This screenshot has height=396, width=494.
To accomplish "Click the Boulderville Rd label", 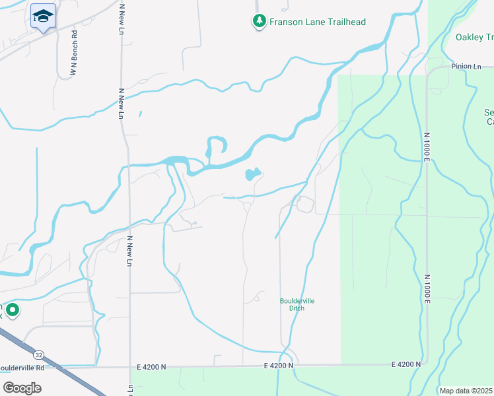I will click(x=21, y=368).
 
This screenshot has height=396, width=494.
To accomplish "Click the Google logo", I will click(x=22, y=387).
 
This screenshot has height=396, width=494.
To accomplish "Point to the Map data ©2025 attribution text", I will click(x=466, y=391).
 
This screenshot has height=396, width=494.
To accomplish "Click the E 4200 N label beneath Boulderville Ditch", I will click(x=278, y=365).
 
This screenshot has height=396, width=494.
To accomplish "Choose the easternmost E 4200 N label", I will click(x=406, y=364).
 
